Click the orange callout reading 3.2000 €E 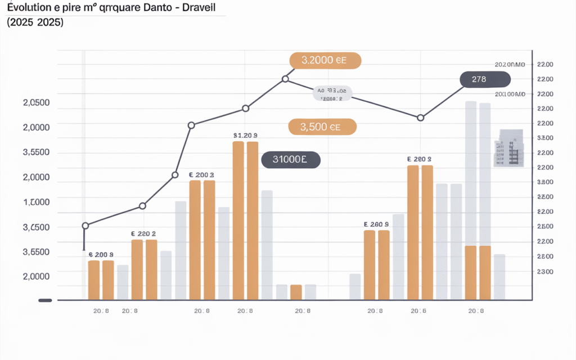coord(325,61)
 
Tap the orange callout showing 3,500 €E coord(322,127)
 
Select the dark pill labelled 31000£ coord(291,160)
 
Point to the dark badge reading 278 coord(479,80)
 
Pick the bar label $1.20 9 coord(245,136)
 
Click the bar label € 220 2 coord(143,233)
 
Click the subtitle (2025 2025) coord(35,23)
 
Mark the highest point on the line coord(285,79)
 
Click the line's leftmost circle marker coord(85,226)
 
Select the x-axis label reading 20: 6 coord(417,311)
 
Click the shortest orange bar coord(296,292)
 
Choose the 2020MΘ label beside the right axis coord(510,65)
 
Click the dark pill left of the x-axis coord(46,300)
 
